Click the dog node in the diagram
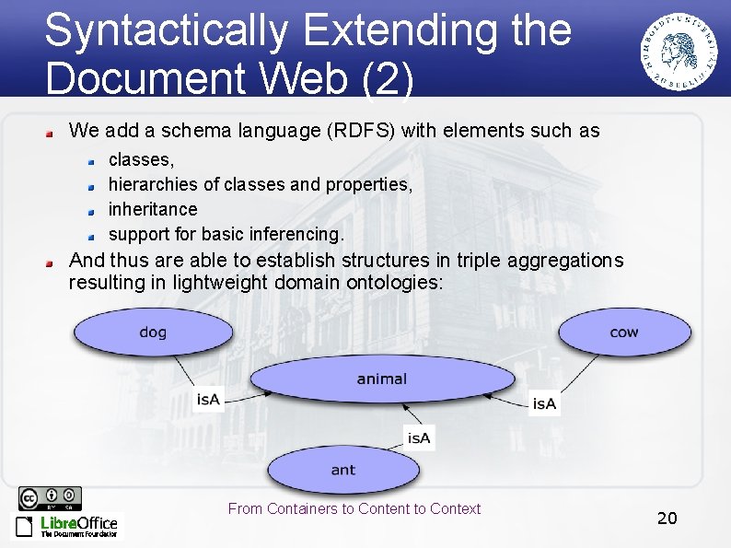pyautogui.click(x=153, y=332)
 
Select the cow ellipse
pyautogui.click(x=623, y=332)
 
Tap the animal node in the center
pyautogui.click(x=381, y=379)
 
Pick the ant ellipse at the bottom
pyautogui.click(x=342, y=470)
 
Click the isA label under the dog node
pyautogui.click(x=209, y=399)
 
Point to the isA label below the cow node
pyautogui.click(x=544, y=403)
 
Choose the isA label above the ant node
pyautogui.click(x=419, y=438)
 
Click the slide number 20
pyautogui.click(x=667, y=518)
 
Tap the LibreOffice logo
pyautogui.click(x=66, y=526)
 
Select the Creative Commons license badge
pyautogui.click(x=50, y=498)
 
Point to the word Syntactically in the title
pyautogui.click(x=166, y=29)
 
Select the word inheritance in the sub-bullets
pyautogui.click(x=153, y=209)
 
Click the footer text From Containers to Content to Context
pyautogui.click(x=354, y=508)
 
